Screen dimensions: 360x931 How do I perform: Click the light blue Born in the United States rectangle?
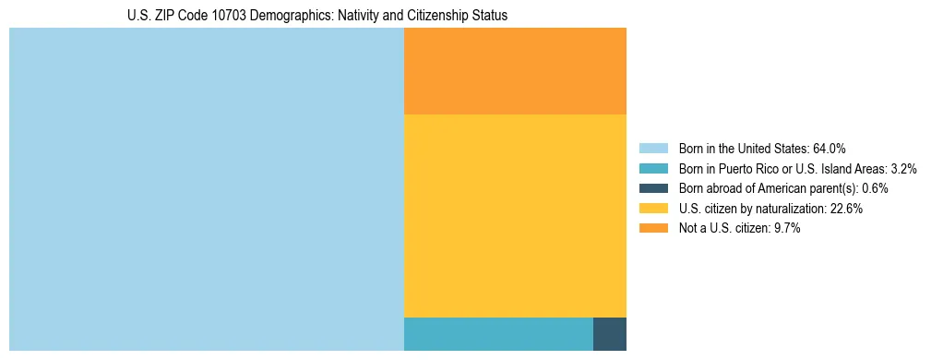[x=207, y=189]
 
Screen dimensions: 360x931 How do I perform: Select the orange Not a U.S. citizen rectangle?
[x=515, y=71]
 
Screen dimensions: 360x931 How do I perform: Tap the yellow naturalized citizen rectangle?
[x=515, y=215]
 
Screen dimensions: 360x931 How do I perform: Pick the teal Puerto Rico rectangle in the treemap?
[x=498, y=333]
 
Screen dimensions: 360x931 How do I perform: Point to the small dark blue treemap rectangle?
[x=609, y=333]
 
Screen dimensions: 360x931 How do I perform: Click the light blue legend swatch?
[x=653, y=149]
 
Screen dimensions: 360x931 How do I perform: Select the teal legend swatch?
[x=653, y=169]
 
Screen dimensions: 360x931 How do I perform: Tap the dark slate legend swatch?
[x=653, y=188]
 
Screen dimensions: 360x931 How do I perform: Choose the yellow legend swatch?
[x=653, y=209]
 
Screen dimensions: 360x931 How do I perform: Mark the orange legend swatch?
[x=653, y=229]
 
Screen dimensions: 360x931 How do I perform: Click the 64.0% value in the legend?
[x=830, y=149]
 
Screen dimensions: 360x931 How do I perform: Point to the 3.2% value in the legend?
[x=903, y=169]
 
